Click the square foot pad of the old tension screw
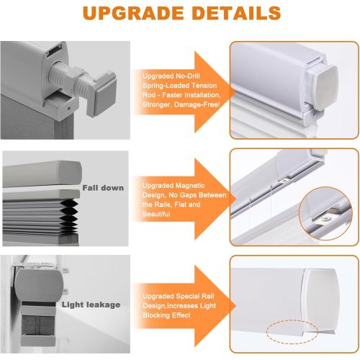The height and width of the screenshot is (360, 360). tap(100, 102)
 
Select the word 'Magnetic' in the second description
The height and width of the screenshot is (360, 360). tap(190, 184)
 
